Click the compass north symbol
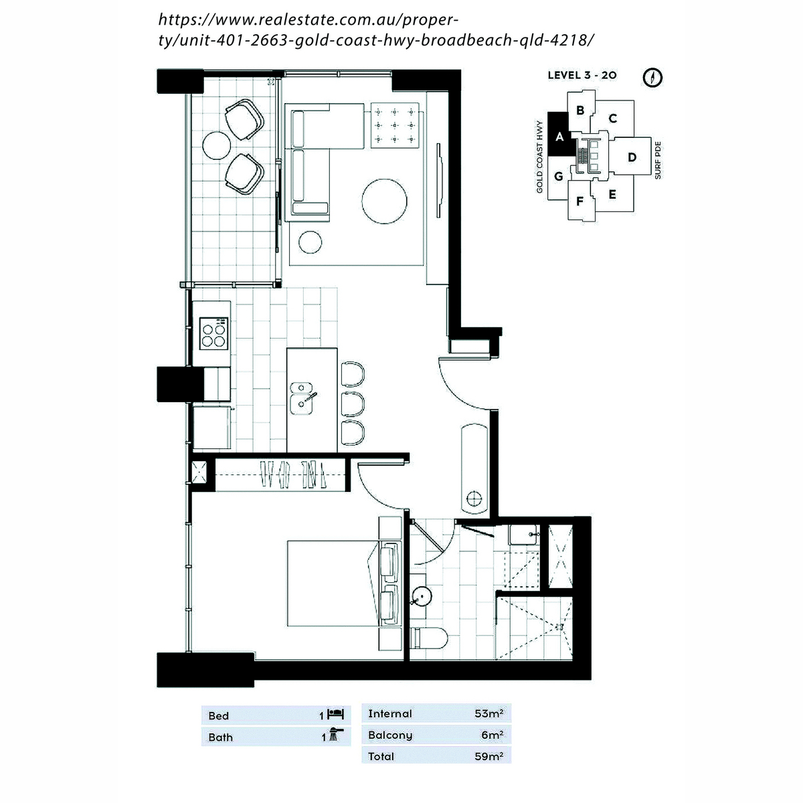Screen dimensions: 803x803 click(x=652, y=78)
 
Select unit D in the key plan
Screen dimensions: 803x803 click(x=632, y=157)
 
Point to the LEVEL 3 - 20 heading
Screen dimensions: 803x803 click(x=582, y=76)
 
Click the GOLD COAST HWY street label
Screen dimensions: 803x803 click(x=539, y=157)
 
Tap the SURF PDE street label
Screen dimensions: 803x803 click(x=658, y=161)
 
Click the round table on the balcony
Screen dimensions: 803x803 click(x=216, y=145)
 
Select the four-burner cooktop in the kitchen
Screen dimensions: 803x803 click(x=213, y=333)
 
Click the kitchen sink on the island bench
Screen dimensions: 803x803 click(x=302, y=398)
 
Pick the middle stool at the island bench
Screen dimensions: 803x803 click(x=353, y=404)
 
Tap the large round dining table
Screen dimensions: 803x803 click(x=384, y=201)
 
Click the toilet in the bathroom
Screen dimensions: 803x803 click(x=429, y=638)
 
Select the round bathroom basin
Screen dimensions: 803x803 click(x=421, y=596)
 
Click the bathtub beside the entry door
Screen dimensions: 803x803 click(x=474, y=469)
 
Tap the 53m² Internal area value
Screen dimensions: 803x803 click(x=488, y=713)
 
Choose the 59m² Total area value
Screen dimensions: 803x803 click(x=488, y=756)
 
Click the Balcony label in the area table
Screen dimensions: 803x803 click(x=390, y=735)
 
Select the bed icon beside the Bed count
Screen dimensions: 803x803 click(x=335, y=714)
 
